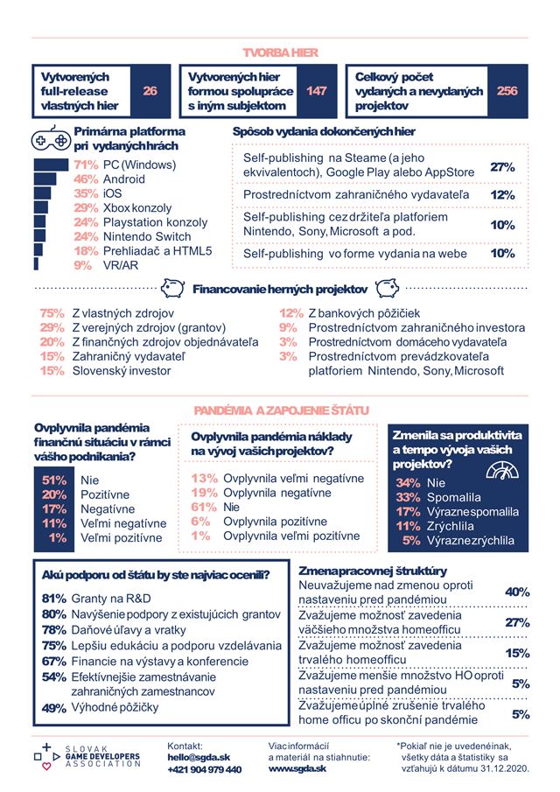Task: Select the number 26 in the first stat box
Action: [150, 91]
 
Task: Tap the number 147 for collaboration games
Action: [316, 91]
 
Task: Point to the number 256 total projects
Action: [507, 91]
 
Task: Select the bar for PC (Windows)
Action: [51, 165]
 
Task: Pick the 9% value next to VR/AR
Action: [83, 264]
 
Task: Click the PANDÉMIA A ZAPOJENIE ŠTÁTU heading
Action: [280, 410]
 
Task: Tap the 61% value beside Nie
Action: [204, 507]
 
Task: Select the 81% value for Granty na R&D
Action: [54, 599]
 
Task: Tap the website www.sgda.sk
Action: [297, 767]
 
